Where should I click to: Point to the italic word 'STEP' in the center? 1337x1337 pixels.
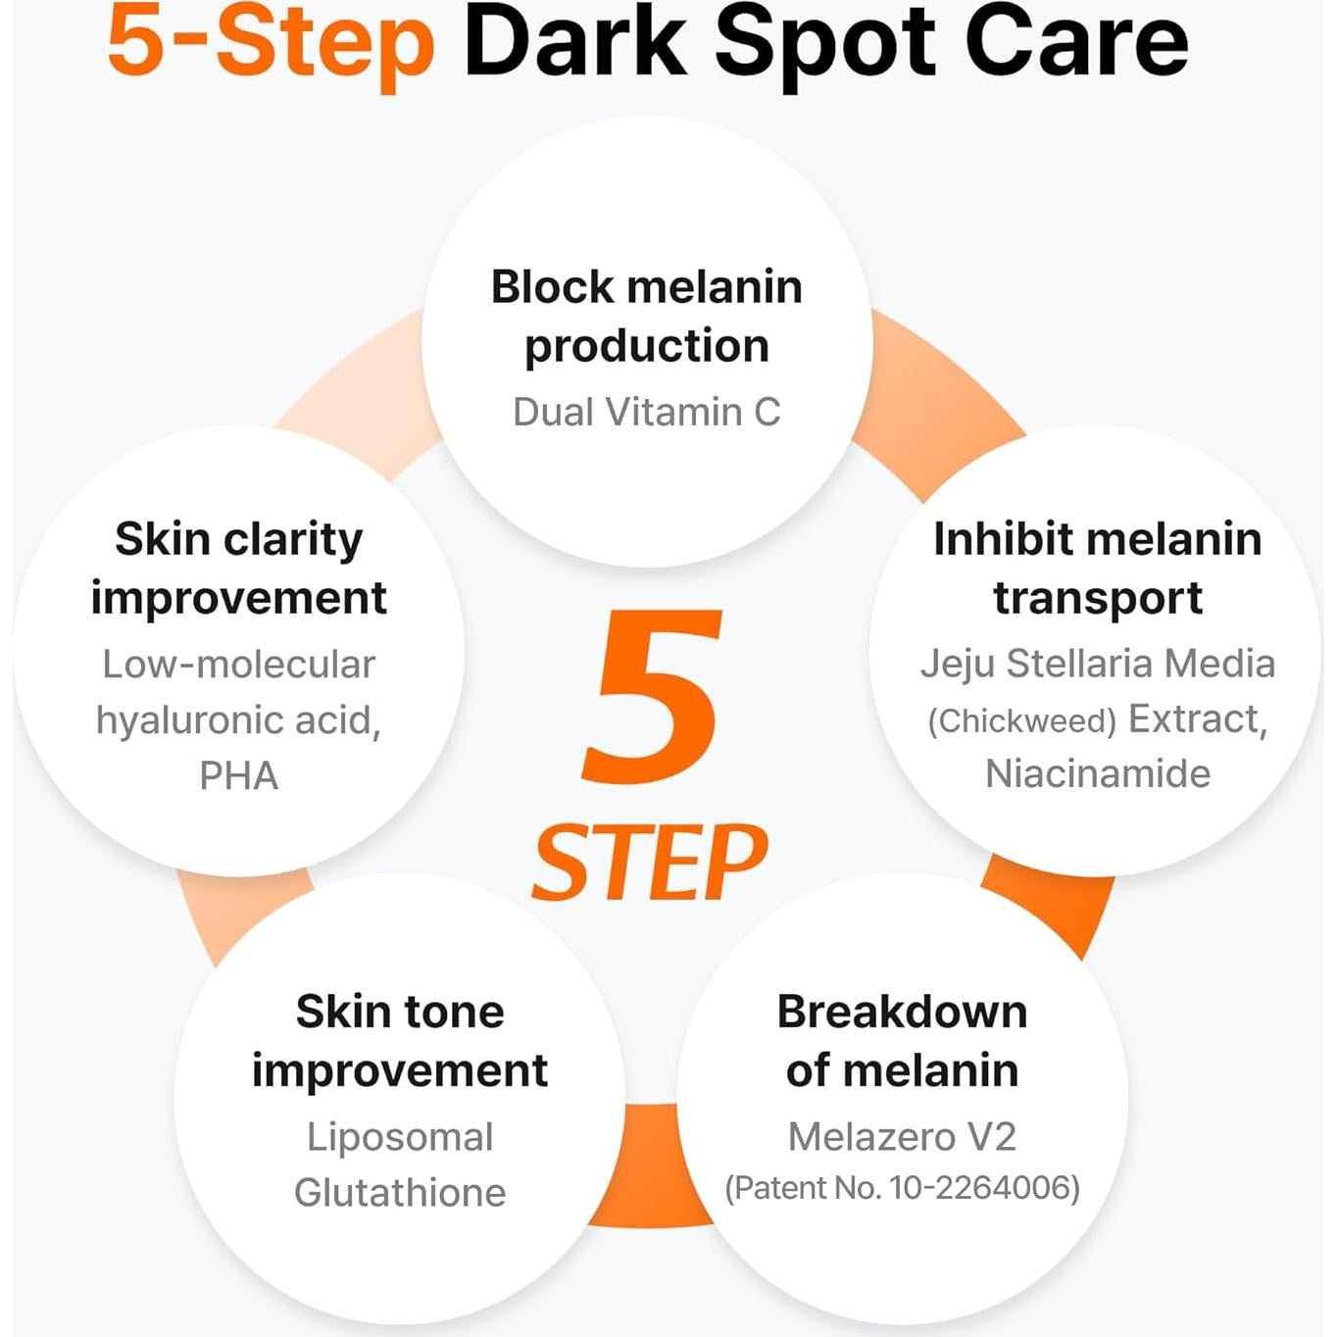point(650,862)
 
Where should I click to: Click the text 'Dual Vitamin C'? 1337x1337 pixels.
point(647,412)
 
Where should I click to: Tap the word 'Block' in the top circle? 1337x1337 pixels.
point(551,287)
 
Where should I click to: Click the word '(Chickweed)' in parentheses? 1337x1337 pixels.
point(1021,721)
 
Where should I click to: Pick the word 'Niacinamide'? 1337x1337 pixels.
point(1098,774)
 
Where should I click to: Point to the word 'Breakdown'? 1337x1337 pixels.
point(902,1012)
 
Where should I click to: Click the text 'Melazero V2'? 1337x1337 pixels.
point(902,1137)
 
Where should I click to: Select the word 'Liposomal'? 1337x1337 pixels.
point(400,1137)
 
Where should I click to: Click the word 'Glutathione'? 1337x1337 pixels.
point(400,1193)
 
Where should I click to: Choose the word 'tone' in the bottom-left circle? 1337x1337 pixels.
point(455,1012)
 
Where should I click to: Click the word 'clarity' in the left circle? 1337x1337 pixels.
point(293,540)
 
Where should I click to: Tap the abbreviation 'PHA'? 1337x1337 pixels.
point(239,776)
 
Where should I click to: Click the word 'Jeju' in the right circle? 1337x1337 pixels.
point(958,664)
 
